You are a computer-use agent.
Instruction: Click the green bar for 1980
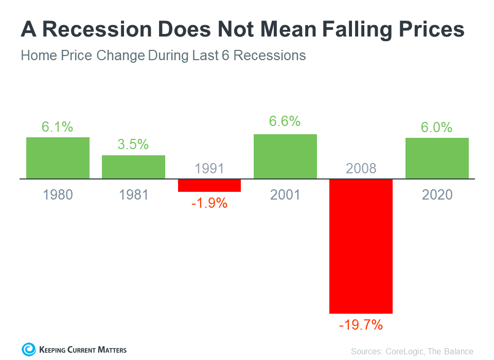(58, 158)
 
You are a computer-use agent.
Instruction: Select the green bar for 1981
(133, 167)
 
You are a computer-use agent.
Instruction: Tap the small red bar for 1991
(209, 185)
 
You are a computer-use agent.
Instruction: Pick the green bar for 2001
(285, 156)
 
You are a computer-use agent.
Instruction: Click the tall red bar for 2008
(361, 246)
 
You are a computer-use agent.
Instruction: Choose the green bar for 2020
(437, 158)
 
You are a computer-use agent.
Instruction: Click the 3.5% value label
(133, 145)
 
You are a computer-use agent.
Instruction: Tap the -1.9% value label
(209, 203)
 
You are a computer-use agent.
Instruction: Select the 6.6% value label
(285, 122)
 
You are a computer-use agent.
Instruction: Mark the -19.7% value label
(361, 325)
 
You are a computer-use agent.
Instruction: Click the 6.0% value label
(437, 128)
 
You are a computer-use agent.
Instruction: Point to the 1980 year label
(58, 195)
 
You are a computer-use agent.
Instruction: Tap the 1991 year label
(209, 168)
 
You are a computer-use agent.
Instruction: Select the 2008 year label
(361, 168)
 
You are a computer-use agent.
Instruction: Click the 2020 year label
(437, 195)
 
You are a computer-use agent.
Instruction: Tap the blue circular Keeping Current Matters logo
(29, 350)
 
